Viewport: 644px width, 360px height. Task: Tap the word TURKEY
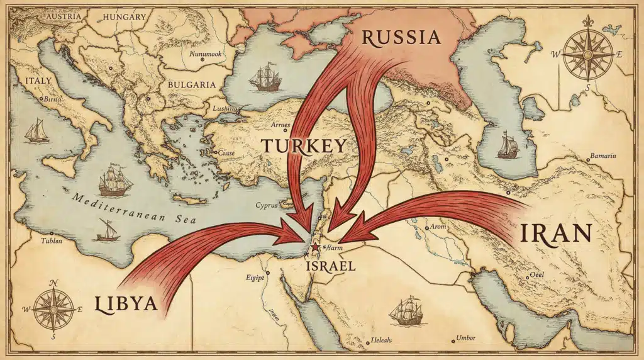[304, 146]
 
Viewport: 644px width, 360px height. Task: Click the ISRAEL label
[330, 266]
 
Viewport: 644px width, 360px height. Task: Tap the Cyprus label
[267, 205]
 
